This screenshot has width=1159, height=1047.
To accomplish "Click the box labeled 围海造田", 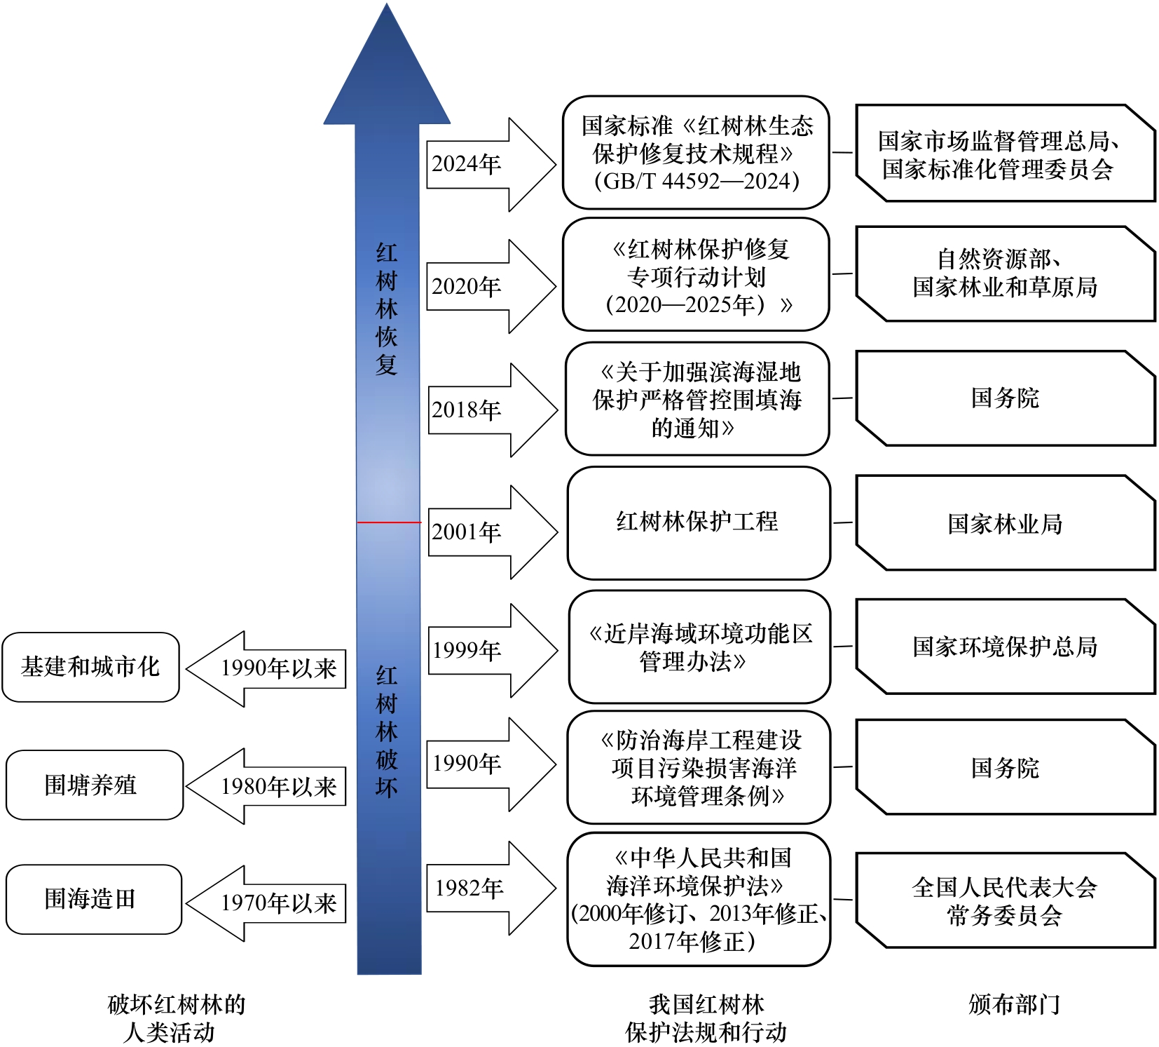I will click(x=93, y=899).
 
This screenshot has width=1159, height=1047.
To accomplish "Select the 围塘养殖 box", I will click(x=94, y=785).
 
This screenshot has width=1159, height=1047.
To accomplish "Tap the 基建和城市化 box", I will click(x=90, y=667).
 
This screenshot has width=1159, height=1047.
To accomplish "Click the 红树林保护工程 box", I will click(x=698, y=522).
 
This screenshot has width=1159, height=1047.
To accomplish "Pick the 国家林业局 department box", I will click(x=1005, y=523).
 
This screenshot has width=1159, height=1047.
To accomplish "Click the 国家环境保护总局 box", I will click(x=1005, y=647).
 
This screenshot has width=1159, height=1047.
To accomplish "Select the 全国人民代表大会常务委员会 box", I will click(x=1005, y=900).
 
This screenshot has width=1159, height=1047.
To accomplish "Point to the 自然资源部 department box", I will click(x=1005, y=273).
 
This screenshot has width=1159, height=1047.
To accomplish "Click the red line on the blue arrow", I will click(x=389, y=522).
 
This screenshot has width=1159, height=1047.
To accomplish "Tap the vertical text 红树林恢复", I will click(x=387, y=309).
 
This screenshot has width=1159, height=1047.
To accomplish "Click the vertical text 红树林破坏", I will click(x=387, y=731).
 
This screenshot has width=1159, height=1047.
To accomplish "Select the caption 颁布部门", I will click(x=1014, y=1004).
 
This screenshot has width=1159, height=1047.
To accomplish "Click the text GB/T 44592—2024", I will click(x=697, y=182).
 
